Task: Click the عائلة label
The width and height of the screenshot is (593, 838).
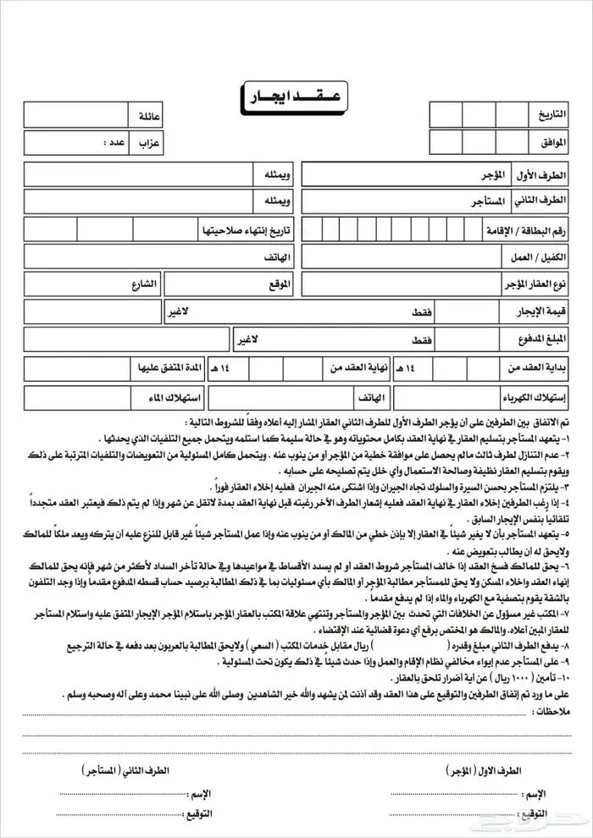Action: point(147,114)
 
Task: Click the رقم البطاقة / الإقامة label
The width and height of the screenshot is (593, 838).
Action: point(521,229)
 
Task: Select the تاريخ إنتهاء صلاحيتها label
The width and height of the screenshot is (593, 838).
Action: point(245,229)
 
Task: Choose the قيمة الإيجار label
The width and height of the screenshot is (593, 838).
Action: point(535,312)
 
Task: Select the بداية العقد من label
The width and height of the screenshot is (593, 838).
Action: point(532,368)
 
